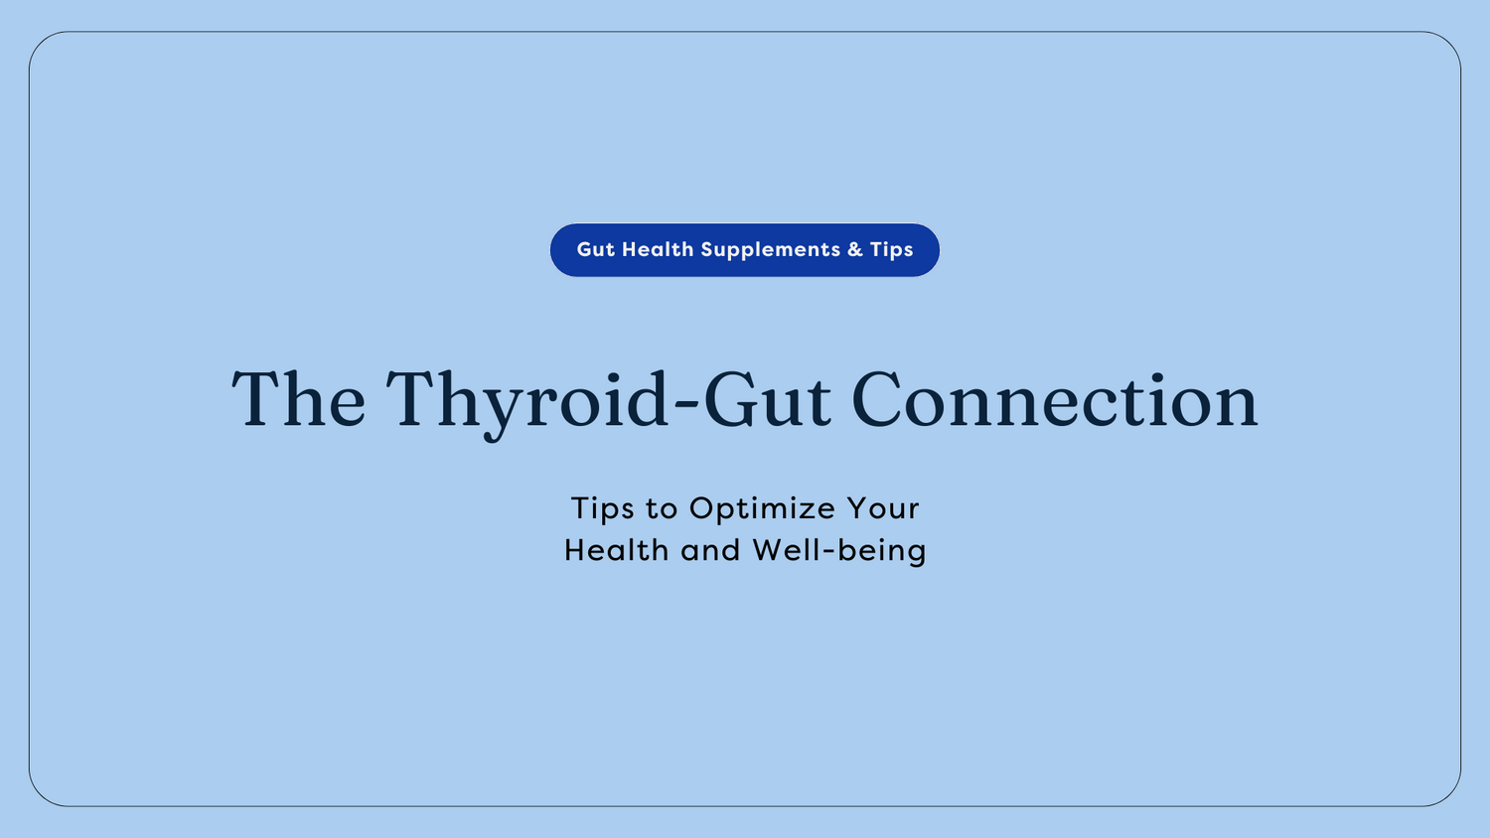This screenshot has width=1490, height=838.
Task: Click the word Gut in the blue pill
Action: point(596,249)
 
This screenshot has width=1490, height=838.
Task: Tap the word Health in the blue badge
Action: point(658,249)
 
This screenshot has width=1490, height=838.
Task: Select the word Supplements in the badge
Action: point(771,250)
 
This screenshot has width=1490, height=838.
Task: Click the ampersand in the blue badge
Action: point(855,250)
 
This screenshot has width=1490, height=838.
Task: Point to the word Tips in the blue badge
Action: point(892,250)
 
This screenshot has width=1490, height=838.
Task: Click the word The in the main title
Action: point(299,400)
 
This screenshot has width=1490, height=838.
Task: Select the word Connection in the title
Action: point(1055,400)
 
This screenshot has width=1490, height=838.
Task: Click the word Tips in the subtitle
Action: point(602,508)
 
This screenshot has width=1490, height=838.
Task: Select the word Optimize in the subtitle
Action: point(762,509)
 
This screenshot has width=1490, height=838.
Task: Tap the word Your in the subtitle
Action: point(883,508)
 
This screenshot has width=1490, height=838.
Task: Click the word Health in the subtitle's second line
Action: point(616,550)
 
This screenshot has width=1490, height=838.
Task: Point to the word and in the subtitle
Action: point(710,550)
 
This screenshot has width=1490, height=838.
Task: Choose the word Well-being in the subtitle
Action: point(839,551)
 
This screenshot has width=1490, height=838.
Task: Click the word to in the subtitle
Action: point(662,509)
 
